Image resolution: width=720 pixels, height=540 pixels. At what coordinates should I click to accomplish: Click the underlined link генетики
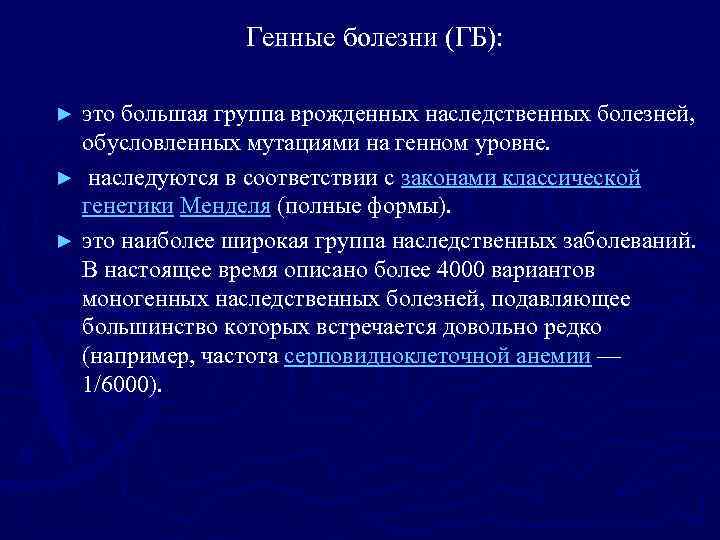click(127, 207)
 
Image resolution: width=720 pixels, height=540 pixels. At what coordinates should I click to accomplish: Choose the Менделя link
click(225, 207)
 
